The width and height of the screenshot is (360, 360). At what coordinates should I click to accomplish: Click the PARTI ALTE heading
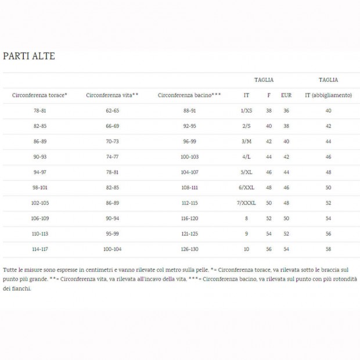coord(29,56)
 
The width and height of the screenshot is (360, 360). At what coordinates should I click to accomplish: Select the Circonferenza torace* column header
coord(39,95)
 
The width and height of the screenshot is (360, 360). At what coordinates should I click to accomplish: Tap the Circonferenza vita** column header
coord(112,95)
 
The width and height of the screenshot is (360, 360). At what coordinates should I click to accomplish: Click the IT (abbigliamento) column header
coord(328,95)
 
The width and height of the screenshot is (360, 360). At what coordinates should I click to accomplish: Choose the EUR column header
coord(286,95)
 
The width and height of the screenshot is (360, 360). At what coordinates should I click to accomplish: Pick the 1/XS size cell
coord(246,110)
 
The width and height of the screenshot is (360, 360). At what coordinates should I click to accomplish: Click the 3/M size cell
coord(246,141)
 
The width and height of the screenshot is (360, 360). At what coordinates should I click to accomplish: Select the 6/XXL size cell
coord(246,188)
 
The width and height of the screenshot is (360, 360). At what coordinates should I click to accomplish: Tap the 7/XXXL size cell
coord(246,203)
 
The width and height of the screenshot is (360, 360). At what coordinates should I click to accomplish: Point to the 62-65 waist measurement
coord(112,110)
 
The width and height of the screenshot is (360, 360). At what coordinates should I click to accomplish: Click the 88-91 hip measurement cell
coord(189,110)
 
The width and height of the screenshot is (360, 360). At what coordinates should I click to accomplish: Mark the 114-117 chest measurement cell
coord(39,249)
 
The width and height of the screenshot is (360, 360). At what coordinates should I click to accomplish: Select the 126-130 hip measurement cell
coord(189,249)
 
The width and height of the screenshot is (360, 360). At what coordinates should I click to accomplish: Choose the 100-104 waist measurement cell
coord(112,249)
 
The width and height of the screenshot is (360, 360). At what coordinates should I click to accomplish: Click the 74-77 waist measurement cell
coord(112,157)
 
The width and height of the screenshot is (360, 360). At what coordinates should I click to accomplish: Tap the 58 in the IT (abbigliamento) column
coord(328,249)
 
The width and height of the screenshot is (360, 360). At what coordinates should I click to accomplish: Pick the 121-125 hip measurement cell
coord(189,234)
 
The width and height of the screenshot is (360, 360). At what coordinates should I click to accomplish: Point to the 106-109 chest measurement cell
coord(39,218)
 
